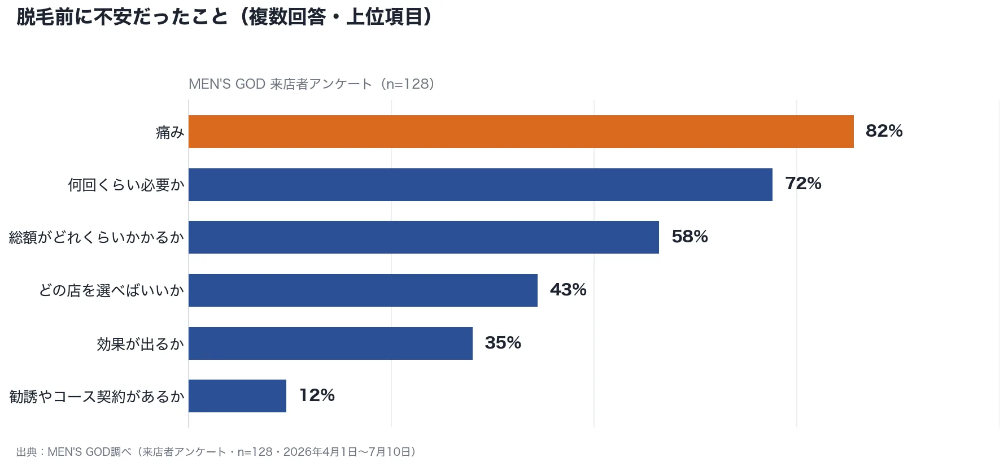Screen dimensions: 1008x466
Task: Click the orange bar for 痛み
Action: [x=521, y=132]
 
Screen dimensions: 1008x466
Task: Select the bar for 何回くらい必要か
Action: [x=481, y=185]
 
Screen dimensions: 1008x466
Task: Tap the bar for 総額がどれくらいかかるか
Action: [x=424, y=237]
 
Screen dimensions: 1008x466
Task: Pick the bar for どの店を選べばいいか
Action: [x=363, y=290]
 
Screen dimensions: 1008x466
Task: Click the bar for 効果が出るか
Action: [x=330, y=343]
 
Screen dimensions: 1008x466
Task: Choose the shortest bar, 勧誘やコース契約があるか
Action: [x=237, y=396]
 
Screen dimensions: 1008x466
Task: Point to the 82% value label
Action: [x=884, y=131]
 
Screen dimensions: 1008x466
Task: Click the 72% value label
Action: [x=804, y=184]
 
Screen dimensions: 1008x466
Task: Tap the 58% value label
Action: [x=690, y=237]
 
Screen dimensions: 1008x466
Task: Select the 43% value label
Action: [x=569, y=290]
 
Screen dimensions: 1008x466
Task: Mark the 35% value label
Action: [x=503, y=343]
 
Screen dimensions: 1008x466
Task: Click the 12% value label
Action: [x=317, y=395]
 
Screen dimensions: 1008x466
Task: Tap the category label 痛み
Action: [x=170, y=132]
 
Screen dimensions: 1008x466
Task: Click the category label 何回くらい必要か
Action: [x=126, y=185]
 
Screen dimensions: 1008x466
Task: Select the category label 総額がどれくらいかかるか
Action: [x=97, y=238]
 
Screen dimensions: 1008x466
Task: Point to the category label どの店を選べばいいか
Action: [x=112, y=291]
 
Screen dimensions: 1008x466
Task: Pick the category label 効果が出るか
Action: [x=141, y=344]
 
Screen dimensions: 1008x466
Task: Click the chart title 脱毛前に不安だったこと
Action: [x=122, y=17]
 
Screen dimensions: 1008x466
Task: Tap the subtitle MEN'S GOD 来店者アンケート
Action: [x=281, y=84]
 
